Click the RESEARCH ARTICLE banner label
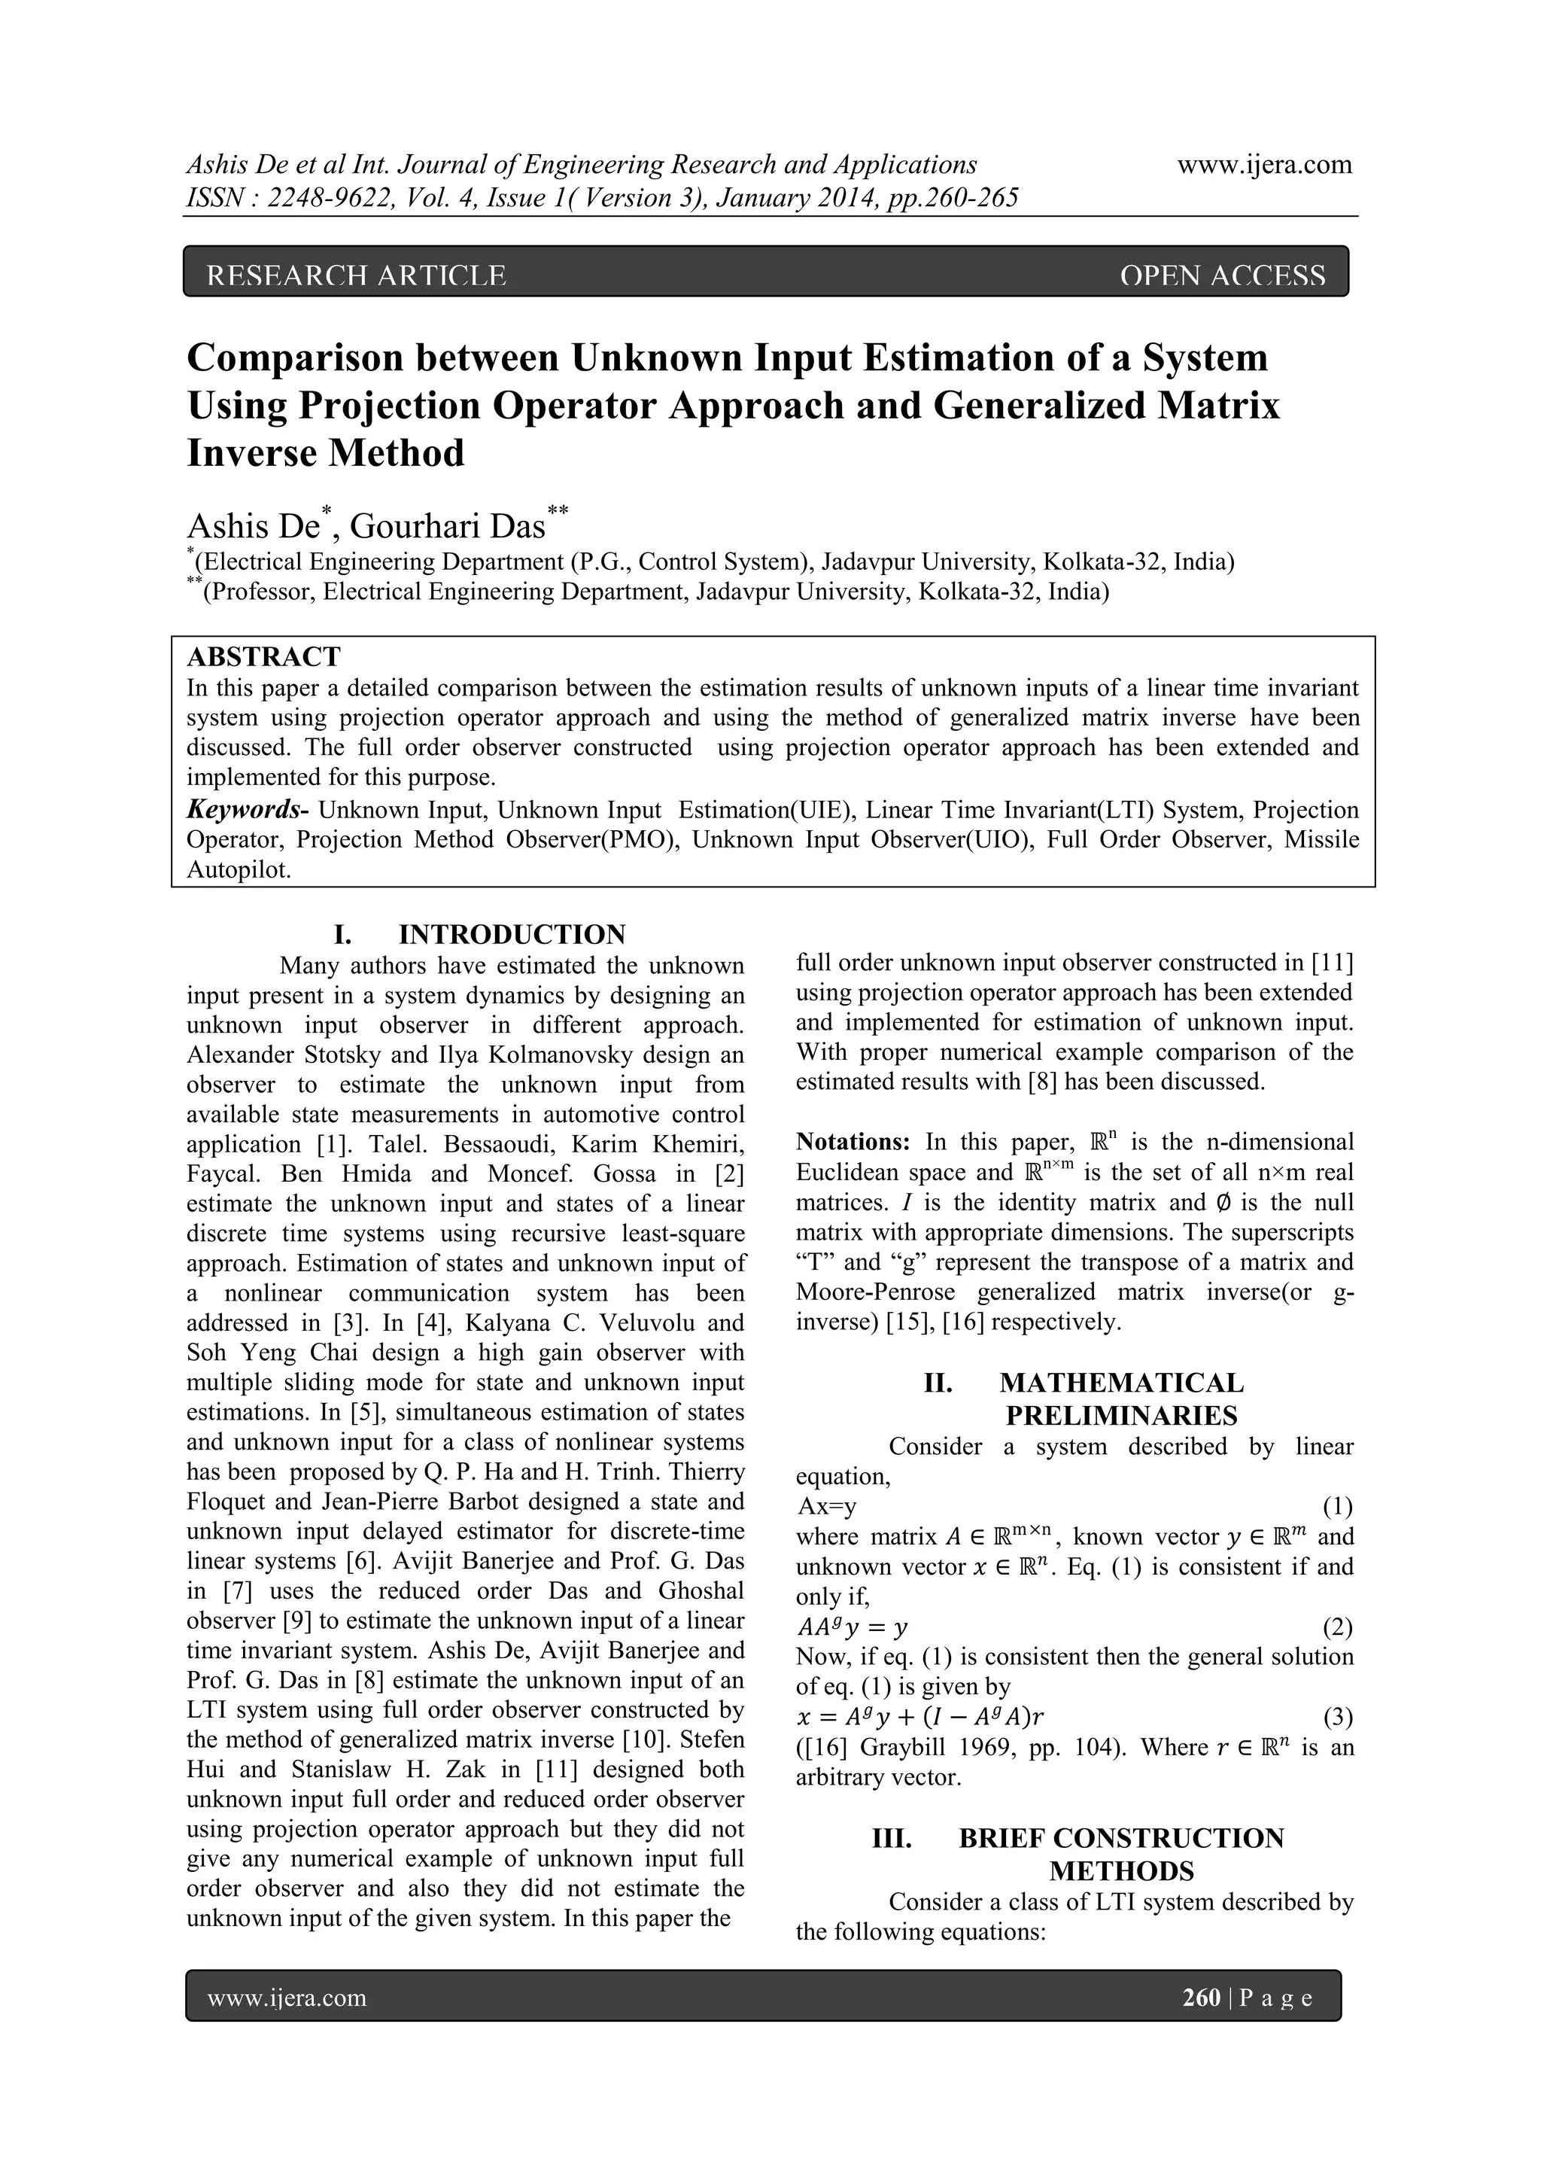pyautogui.click(x=356, y=275)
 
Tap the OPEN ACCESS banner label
pyautogui.click(x=1222, y=275)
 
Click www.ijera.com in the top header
pyautogui.click(x=1264, y=164)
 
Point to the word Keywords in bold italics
pyautogui.click(x=243, y=810)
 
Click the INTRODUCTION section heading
pyautogui.click(x=512, y=934)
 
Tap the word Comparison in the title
pyautogui.click(x=294, y=358)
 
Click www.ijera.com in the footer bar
pyautogui.click(x=287, y=1998)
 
